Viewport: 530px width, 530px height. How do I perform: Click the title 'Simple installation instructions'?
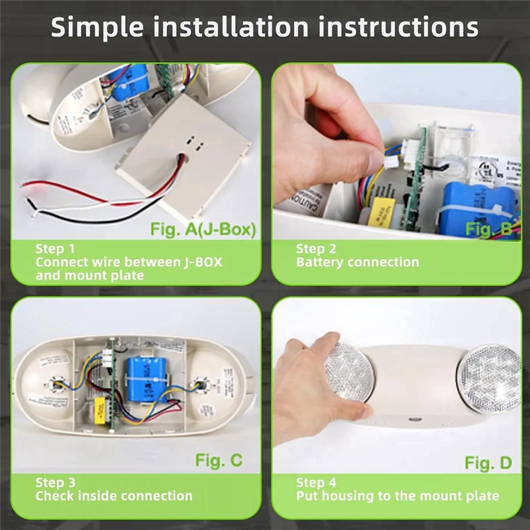[x=265, y=28]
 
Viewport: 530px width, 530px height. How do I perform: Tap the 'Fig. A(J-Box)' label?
[x=207, y=229]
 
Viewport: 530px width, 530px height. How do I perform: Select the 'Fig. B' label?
[x=489, y=229]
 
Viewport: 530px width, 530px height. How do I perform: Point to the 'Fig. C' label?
[x=219, y=460]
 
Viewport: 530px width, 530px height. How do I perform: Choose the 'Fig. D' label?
[x=488, y=462]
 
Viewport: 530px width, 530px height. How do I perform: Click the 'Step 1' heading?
[x=55, y=248]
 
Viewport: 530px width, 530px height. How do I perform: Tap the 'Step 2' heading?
[x=316, y=248]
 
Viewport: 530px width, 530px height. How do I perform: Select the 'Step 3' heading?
[x=55, y=482]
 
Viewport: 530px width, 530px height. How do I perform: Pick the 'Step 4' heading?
[x=316, y=482]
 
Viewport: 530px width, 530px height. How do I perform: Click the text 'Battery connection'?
[x=357, y=262]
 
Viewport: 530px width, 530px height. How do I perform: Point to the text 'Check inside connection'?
[x=114, y=496]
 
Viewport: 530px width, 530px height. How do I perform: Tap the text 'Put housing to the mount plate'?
[x=397, y=496]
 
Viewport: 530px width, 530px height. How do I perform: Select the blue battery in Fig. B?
[x=477, y=205]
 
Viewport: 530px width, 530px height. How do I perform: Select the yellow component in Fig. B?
[x=378, y=209]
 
